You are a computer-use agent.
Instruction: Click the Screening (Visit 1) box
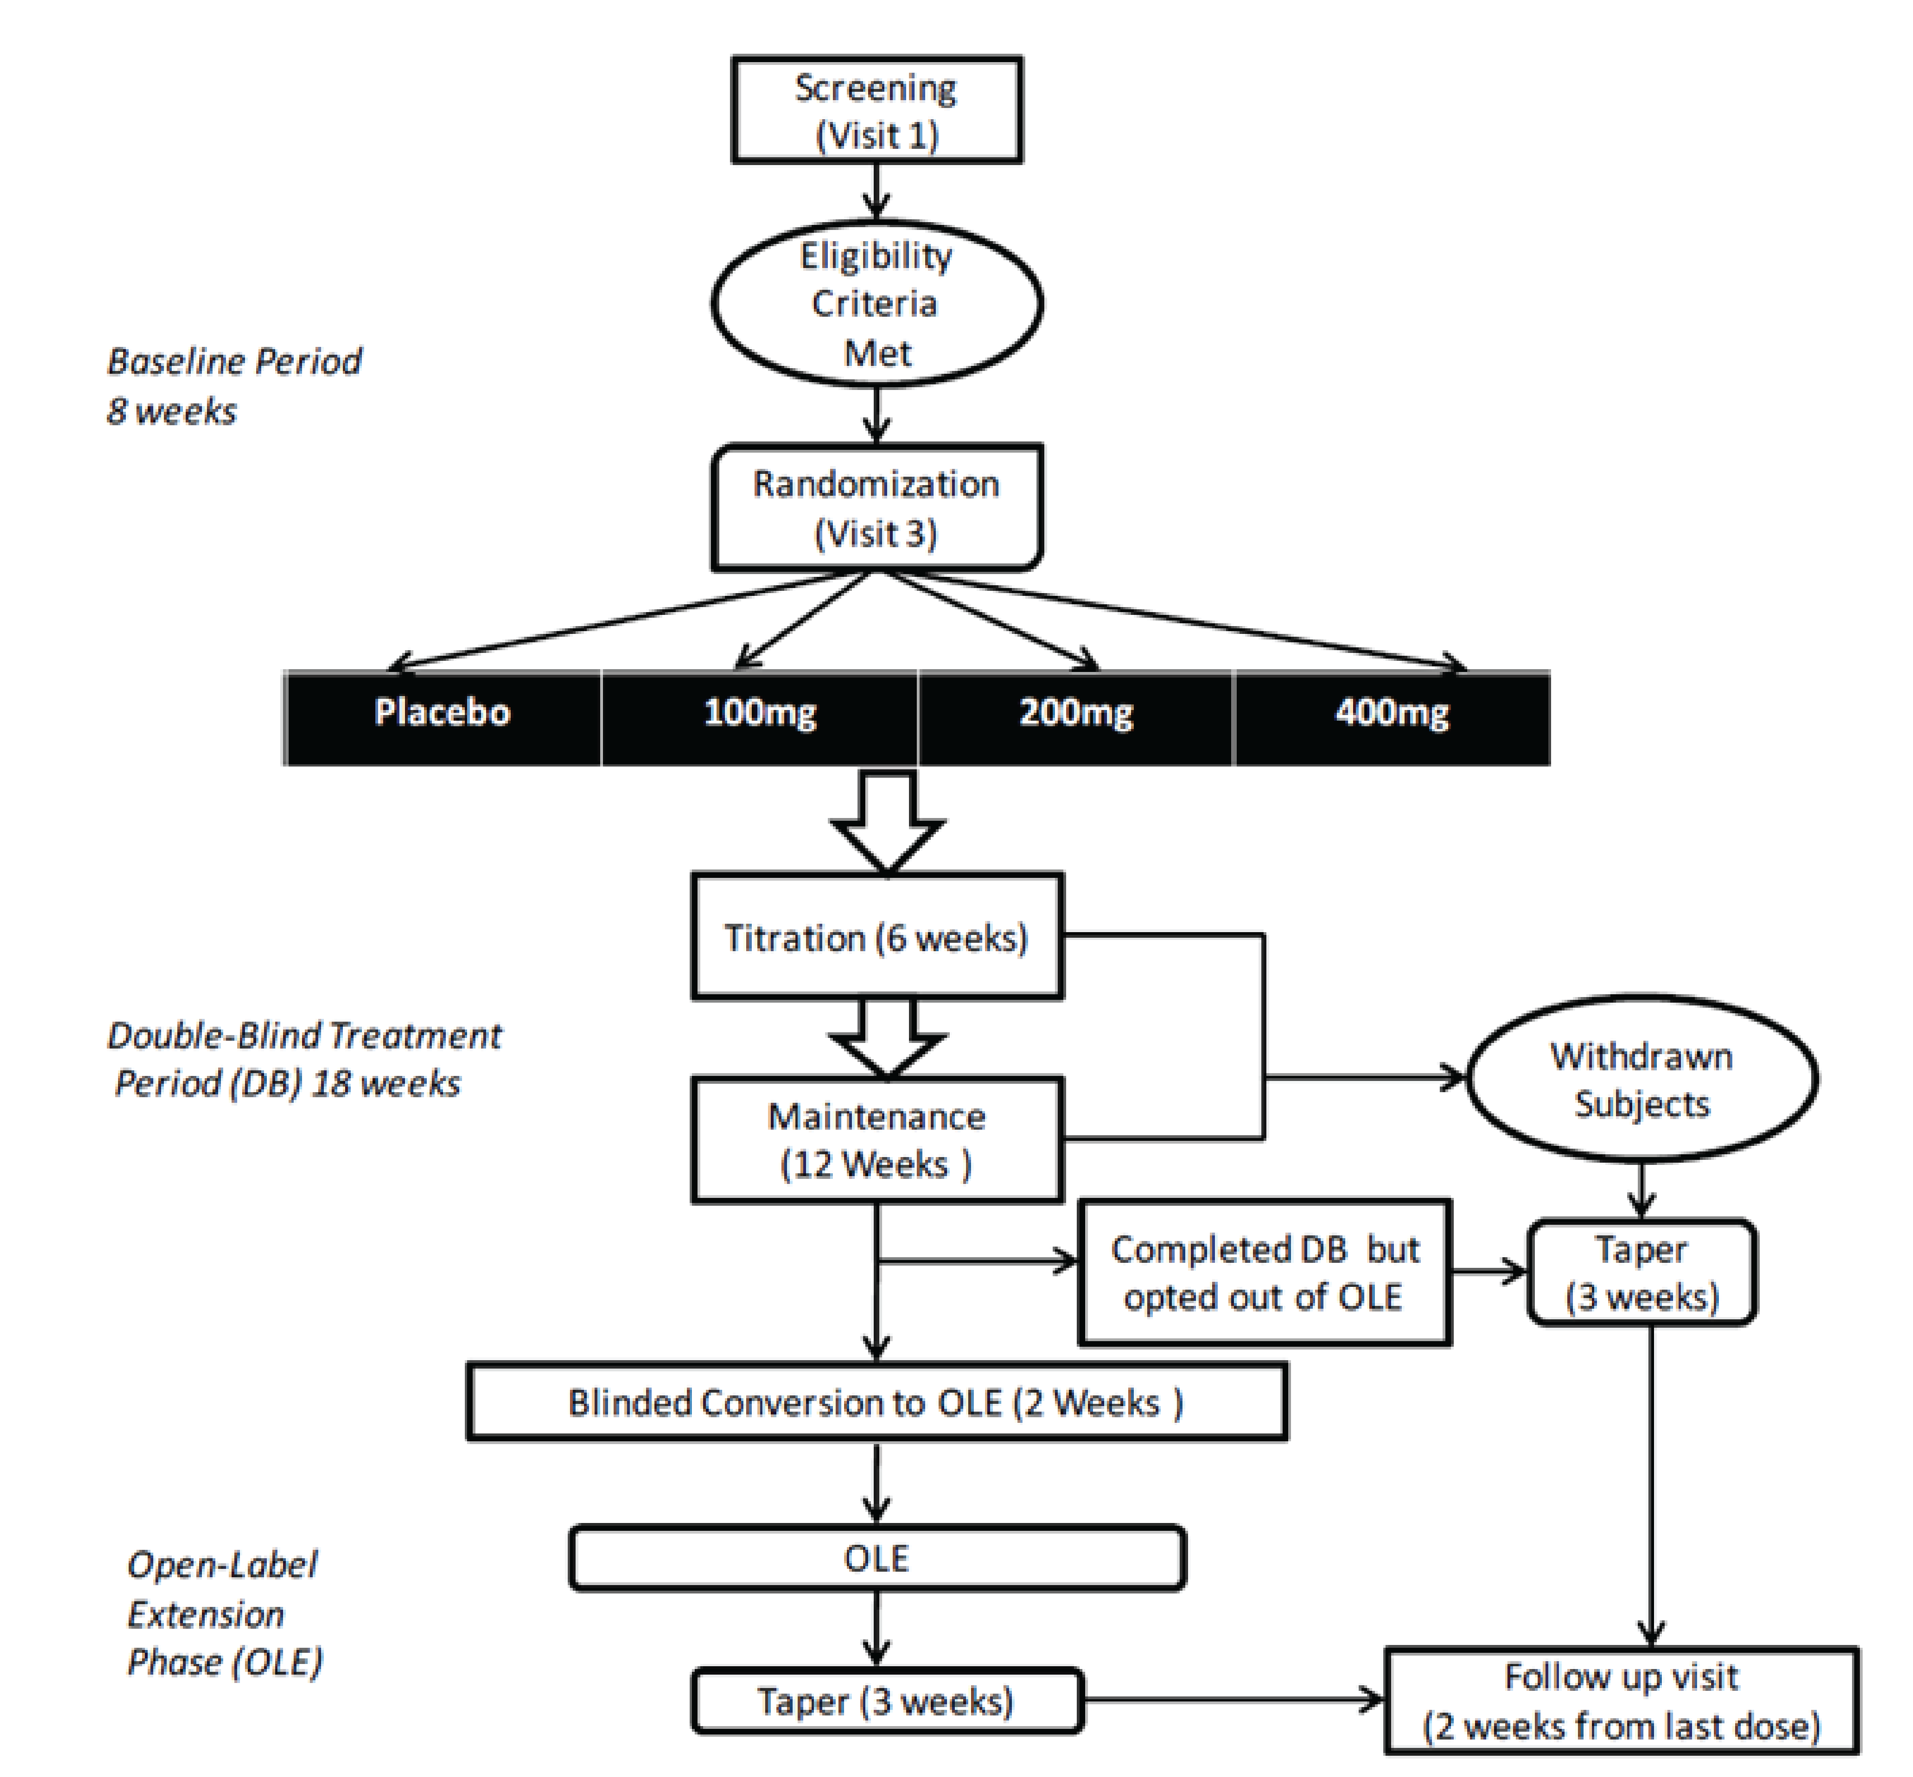pyautogui.click(x=876, y=110)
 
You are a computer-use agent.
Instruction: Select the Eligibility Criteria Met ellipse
pyautogui.click(x=876, y=304)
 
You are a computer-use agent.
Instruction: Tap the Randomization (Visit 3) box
pyautogui.click(x=876, y=507)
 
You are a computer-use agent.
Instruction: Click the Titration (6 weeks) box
pyautogui.click(x=876, y=937)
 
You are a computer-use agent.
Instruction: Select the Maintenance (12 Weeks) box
pyautogui.click(x=876, y=1140)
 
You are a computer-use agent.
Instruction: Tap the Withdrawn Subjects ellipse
pyautogui.click(x=1642, y=1079)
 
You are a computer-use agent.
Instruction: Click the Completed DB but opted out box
pyautogui.click(x=1264, y=1272)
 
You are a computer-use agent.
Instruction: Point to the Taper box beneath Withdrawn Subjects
pyautogui.click(x=1642, y=1272)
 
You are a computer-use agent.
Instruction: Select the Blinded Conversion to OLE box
pyautogui.click(x=876, y=1402)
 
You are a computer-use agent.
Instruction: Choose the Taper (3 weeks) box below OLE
pyautogui.click(x=885, y=1701)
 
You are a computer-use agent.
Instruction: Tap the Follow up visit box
pyautogui.click(x=1621, y=1701)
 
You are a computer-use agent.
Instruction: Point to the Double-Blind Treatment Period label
pyautogui.click(x=303, y=1059)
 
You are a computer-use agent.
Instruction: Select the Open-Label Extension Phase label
pyautogui.click(x=224, y=1614)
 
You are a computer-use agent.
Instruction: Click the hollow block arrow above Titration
pyautogui.click(x=887, y=822)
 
